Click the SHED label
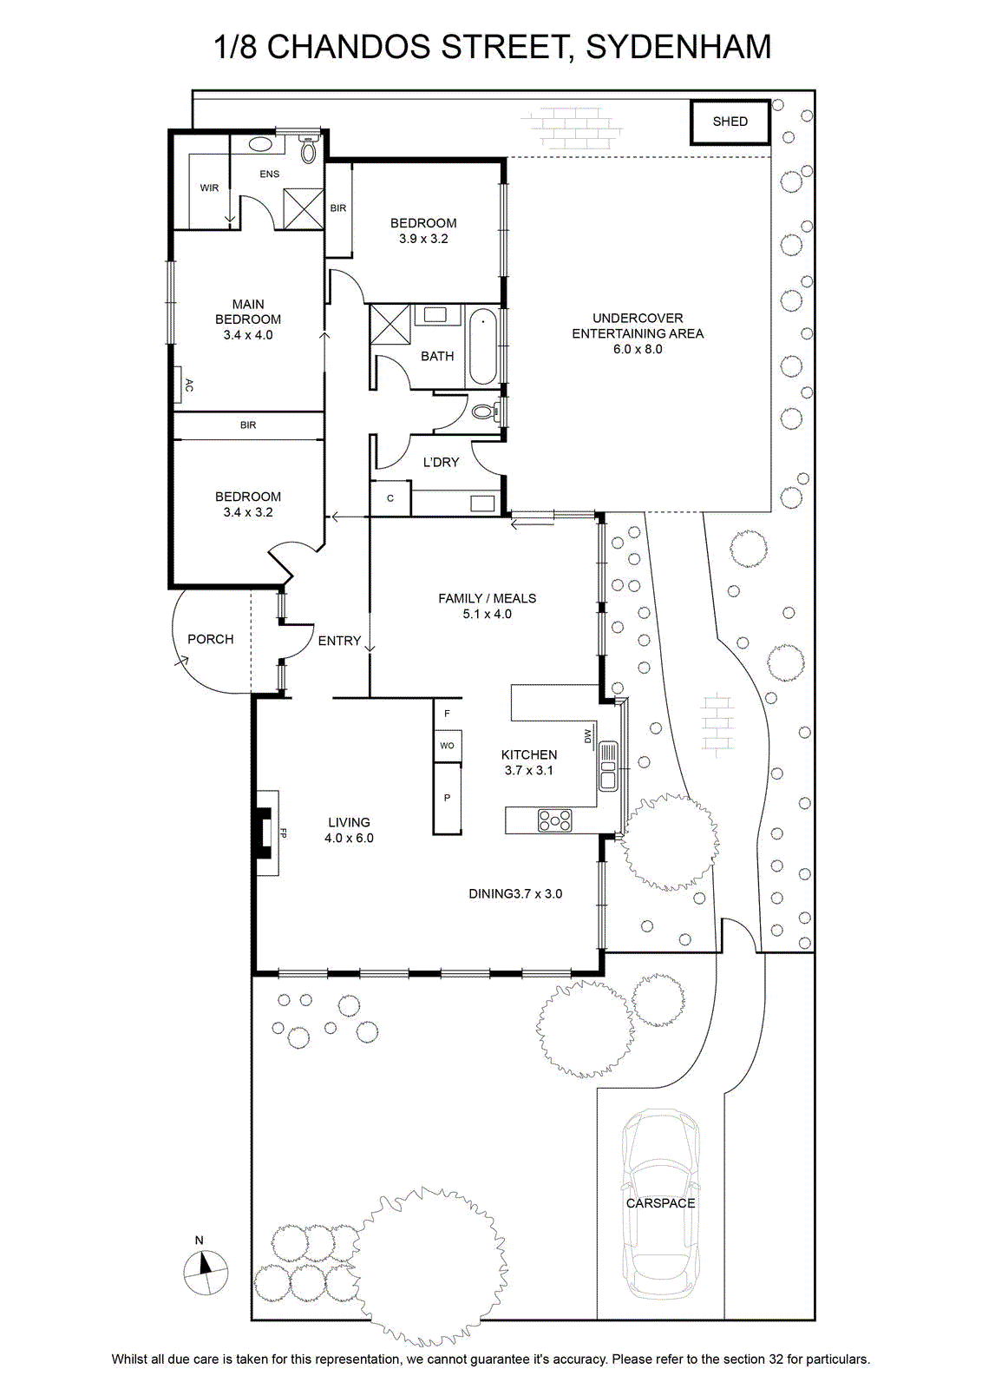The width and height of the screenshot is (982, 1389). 730,122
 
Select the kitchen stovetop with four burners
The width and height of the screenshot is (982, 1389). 555,820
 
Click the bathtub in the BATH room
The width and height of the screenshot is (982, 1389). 482,347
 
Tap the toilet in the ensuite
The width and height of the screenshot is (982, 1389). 308,148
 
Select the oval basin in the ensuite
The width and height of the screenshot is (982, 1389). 259,145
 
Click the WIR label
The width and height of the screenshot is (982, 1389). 209,188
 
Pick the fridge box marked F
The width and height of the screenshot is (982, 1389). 447,714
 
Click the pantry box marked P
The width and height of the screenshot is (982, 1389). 447,798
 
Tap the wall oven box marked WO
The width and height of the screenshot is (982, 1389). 447,746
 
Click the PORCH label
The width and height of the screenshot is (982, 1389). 211,639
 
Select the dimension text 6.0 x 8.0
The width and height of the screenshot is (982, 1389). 638,349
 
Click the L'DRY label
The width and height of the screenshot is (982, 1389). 441,462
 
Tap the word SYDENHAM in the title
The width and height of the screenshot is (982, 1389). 678,47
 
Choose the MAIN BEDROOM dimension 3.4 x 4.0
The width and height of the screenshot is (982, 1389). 248,335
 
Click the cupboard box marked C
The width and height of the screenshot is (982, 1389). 390,498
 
